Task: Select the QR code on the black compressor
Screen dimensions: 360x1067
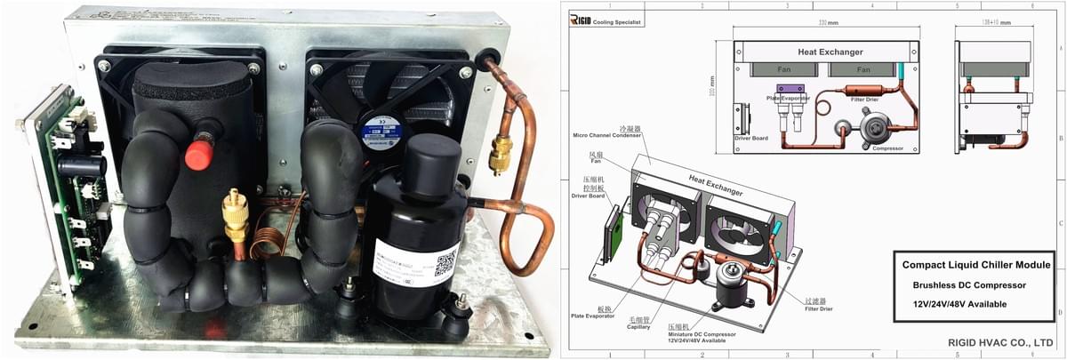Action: [x=445, y=264]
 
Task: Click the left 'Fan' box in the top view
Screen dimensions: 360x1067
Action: [x=784, y=68]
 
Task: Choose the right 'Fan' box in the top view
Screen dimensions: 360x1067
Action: [x=862, y=68]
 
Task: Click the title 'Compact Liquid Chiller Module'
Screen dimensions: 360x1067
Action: [x=976, y=265]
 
